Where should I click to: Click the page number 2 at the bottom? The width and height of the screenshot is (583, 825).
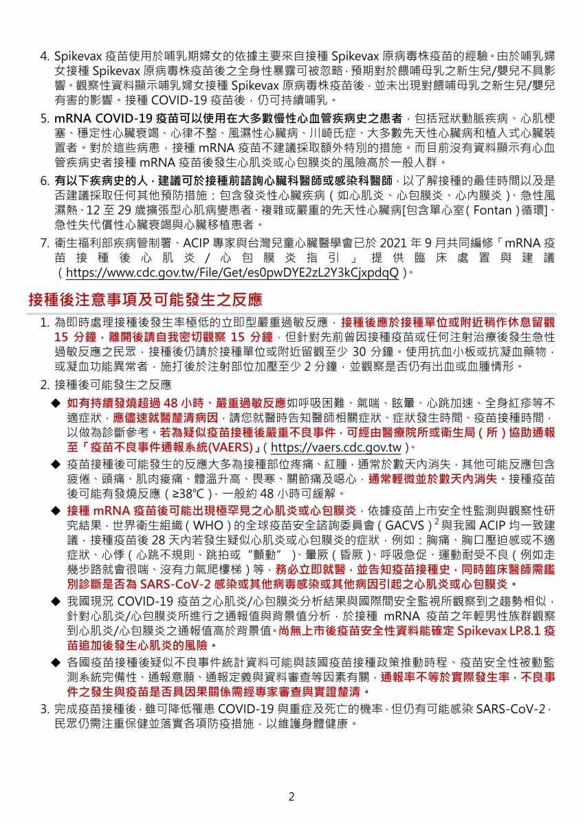coord(291,797)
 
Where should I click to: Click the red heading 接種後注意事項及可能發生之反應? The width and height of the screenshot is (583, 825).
coord(145,300)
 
